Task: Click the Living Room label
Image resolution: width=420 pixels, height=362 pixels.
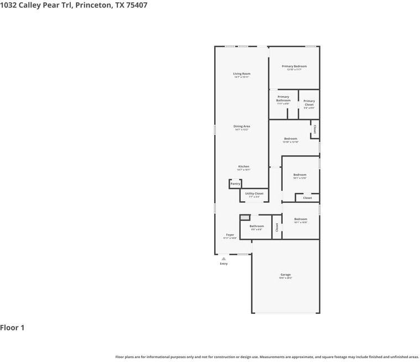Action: click(x=241, y=74)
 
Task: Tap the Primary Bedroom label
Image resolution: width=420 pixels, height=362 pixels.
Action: click(x=294, y=66)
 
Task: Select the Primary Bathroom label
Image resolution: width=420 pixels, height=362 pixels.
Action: click(x=283, y=98)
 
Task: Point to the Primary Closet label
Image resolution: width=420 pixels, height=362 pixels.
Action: click(x=309, y=102)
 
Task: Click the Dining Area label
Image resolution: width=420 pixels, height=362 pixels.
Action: click(x=241, y=126)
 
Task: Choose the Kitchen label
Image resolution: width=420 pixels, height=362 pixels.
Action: click(x=243, y=166)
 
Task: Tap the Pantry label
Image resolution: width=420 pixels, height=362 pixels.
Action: click(x=235, y=183)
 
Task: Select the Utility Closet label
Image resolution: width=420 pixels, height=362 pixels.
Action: click(x=254, y=193)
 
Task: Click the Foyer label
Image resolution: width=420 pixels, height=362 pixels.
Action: click(x=230, y=235)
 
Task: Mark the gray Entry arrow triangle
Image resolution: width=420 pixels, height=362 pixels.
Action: click(x=224, y=258)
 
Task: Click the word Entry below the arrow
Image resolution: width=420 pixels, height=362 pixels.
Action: click(x=224, y=264)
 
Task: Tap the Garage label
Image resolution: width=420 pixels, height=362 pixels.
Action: click(x=285, y=275)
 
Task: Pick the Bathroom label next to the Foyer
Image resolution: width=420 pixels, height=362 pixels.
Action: click(x=256, y=226)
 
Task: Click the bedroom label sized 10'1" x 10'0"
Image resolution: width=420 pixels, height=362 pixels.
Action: click(x=300, y=219)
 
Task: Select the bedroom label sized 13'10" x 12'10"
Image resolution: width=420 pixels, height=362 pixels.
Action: click(x=291, y=139)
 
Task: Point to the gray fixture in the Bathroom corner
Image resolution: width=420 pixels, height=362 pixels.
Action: click(x=245, y=217)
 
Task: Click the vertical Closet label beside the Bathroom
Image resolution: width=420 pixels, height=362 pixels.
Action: click(x=277, y=227)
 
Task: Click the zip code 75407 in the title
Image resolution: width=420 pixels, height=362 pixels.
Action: click(x=137, y=5)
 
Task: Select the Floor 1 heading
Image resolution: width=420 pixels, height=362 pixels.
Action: click(x=12, y=328)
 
